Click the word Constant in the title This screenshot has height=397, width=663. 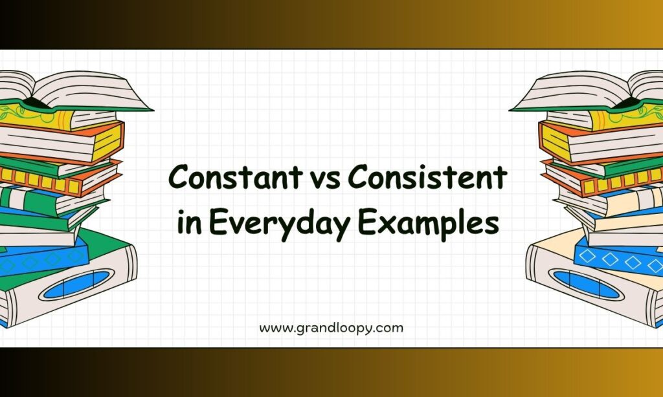(x=236, y=177)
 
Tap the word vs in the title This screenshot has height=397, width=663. (x=326, y=178)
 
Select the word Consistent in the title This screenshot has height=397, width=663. (x=427, y=177)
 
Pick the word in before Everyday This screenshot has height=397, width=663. (x=189, y=222)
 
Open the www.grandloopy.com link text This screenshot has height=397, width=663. (x=331, y=328)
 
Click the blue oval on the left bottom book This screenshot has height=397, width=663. (x=76, y=284)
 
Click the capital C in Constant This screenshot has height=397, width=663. (x=179, y=177)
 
